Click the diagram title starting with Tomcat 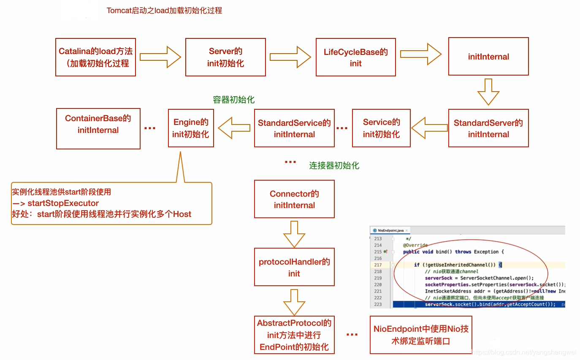click(x=164, y=11)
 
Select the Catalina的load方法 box click(x=95, y=57)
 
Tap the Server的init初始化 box click(x=225, y=57)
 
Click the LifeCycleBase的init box click(x=355, y=57)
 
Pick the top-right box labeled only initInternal click(x=488, y=57)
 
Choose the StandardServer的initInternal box click(x=488, y=128)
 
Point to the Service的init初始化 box click(x=381, y=128)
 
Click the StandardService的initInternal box click(x=294, y=128)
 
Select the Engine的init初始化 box click(x=191, y=128)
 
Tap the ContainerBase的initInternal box click(x=98, y=128)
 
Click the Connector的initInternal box click(x=294, y=199)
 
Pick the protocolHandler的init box click(x=294, y=267)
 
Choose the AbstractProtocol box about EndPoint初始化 click(x=294, y=335)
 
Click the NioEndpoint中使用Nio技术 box click(x=420, y=335)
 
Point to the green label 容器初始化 click(x=233, y=100)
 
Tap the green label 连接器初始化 click(x=334, y=165)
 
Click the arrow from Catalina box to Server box click(x=160, y=57)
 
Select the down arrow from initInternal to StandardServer click(x=488, y=92)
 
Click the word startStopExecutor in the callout click(x=63, y=203)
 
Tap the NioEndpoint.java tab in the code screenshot click(x=388, y=230)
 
